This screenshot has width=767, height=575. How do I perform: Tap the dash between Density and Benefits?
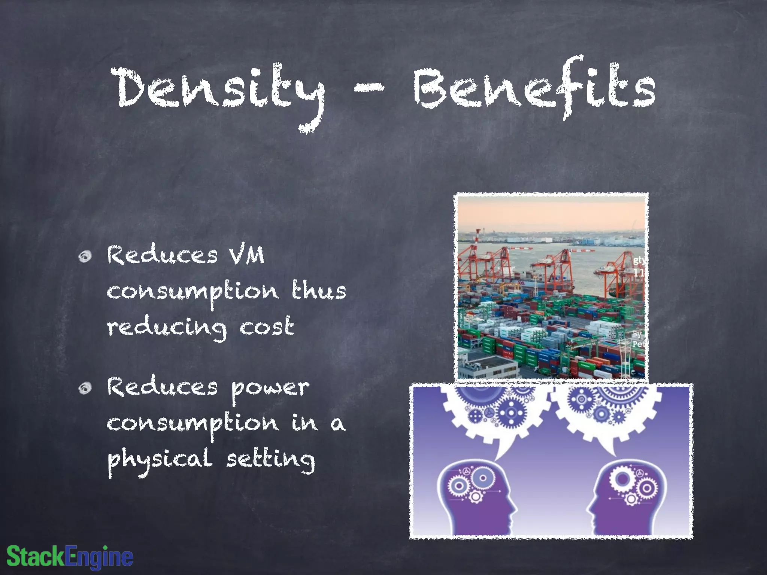click(369, 89)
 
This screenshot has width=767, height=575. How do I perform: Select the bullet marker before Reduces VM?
click(85, 256)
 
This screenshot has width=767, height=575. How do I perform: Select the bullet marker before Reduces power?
click(85, 388)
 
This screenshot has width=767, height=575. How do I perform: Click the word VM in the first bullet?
click(247, 256)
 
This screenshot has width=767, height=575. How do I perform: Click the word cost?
click(266, 326)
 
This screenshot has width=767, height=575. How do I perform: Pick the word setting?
click(270, 460)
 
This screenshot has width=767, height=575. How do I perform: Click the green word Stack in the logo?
click(36, 556)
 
